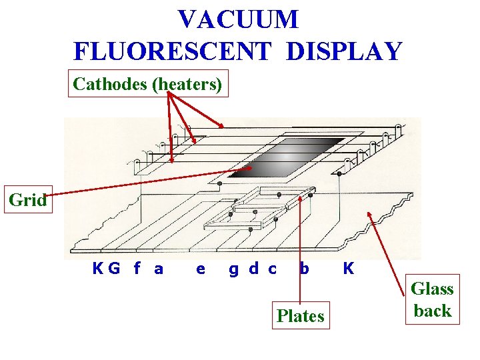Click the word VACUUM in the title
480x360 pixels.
tap(238, 19)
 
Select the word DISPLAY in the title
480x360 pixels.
tap(344, 51)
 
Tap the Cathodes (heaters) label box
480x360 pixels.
tap(148, 84)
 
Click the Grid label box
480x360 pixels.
tap(27, 199)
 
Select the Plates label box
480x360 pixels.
tap(300, 316)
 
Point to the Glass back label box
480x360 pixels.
tap(432, 300)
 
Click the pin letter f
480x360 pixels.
tap(137, 269)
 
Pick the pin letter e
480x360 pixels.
tap(201, 269)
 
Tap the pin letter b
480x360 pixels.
tap(304, 269)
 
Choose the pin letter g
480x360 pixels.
tap(234, 270)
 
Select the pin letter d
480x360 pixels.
tap(253, 269)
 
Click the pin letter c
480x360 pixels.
tap(272, 269)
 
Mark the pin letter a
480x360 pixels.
tap(159, 269)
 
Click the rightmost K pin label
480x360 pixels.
tap(348, 269)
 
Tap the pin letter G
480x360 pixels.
tap(114, 269)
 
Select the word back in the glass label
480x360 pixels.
tap(433, 311)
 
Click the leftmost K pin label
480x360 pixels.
tap(98, 269)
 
